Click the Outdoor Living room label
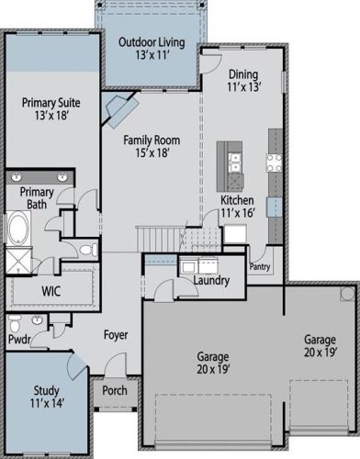coord(152,42)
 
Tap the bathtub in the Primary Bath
coord(17,229)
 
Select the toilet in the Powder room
coord(14,323)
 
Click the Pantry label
coord(260,266)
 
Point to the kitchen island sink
coord(235,162)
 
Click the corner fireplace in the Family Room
coord(120,109)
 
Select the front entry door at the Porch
coord(116,364)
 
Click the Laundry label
coord(211,280)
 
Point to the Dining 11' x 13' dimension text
coord(243,87)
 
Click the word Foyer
coord(116,334)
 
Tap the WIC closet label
coord(51,291)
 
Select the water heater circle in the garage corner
coord(347,294)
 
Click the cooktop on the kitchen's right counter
coord(275,162)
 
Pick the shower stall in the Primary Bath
coord(18,261)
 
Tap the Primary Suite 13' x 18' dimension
coord(51,116)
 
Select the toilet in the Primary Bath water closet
coord(88,250)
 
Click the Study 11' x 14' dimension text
coord(47,403)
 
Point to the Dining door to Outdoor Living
coord(211,63)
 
